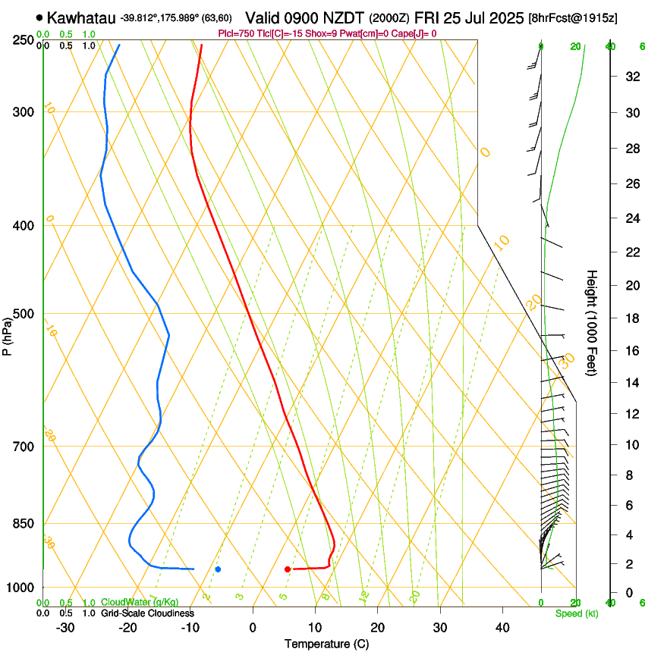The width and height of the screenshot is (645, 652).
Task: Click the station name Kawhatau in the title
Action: (82, 17)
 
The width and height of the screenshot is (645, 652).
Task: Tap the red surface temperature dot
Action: (288, 569)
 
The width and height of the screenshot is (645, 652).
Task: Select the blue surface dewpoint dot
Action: (218, 569)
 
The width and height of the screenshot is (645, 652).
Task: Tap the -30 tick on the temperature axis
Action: (65, 627)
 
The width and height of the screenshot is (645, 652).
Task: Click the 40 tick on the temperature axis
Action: (502, 627)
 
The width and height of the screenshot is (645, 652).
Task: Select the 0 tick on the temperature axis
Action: (253, 627)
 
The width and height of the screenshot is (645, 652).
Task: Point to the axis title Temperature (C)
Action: (326, 644)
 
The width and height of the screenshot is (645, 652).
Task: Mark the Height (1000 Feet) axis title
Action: (593, 323)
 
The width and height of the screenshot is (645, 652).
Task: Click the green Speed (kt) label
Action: (576, 613)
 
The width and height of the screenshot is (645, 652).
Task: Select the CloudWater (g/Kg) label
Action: (140, 603)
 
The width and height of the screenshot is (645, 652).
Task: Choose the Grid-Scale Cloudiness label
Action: (147, 613)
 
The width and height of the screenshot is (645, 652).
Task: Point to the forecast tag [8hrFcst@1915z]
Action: (572, 17)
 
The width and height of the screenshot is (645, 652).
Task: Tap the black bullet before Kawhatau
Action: (39, 17)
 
